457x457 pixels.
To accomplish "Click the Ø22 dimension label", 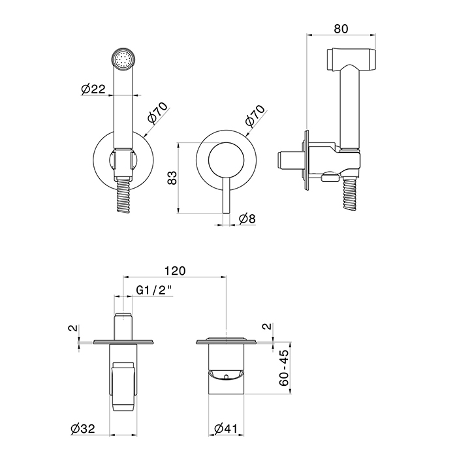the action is [93, 89].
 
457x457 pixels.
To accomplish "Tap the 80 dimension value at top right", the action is [341, 29].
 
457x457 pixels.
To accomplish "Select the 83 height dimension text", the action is [172, 178].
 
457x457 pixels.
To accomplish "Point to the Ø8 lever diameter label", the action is [247, 219].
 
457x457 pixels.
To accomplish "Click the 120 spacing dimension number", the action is [175, 271].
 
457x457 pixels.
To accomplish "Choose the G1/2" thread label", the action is [154, 290].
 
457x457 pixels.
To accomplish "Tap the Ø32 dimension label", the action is [83, 428].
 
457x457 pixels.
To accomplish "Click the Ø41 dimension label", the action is [226, 428].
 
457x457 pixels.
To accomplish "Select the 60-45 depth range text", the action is [284, 368].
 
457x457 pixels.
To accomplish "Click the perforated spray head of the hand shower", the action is [124, 59].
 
